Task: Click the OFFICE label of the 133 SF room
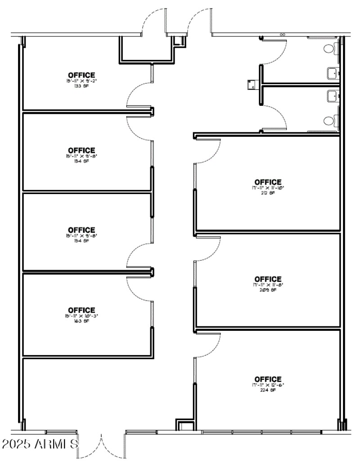click(81, 75)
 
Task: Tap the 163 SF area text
click(81, 321)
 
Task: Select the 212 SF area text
click(268, 193)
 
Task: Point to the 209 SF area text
click(268, 290)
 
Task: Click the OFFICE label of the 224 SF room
click(268, 379)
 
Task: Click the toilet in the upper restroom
click(329, 48)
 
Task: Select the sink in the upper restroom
click(332, 72)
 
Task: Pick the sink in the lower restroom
click(332, 95)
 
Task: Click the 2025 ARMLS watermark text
click(40, 444)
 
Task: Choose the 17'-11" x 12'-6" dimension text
click(268, 385)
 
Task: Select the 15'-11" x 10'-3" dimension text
click(81, 316)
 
